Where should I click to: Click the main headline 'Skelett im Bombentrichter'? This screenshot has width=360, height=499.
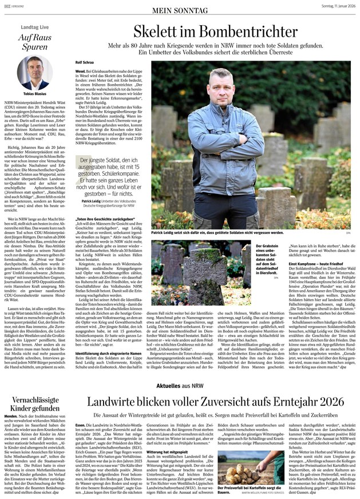[215, 31]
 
